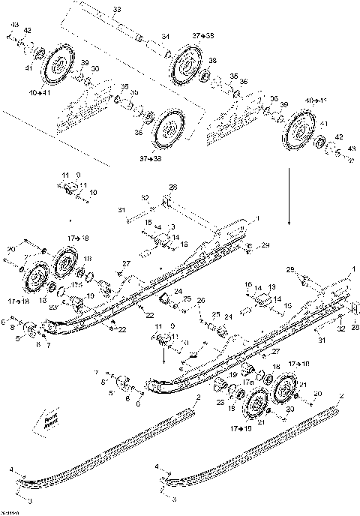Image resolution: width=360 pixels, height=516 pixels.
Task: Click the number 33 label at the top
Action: (x=116, y=9)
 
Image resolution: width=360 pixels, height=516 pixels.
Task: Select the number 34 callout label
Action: (x=165, y=36)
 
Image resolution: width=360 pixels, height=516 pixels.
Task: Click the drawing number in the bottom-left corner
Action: (x=10, y=511)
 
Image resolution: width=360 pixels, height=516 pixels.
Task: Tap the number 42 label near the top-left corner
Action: (x=28, y=30)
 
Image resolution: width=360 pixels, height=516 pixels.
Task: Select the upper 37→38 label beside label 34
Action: (x=202, y=35)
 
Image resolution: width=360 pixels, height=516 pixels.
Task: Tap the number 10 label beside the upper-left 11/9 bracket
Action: (x=93, y=193)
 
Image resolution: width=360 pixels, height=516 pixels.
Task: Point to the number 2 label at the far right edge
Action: (x=342, y=394)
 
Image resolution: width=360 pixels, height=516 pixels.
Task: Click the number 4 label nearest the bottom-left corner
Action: (x=11, y=468)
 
